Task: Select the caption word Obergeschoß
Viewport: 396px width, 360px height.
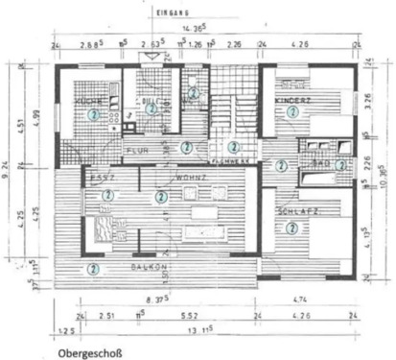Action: pos(90,351)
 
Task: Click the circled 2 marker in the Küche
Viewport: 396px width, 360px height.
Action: pos(93,113)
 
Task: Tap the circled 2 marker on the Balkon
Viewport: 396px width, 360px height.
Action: pos(93,268)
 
